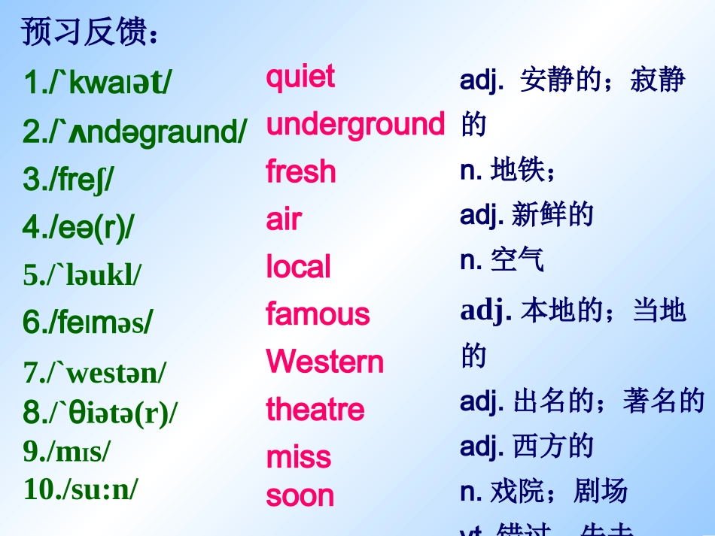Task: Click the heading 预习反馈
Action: coord(90,32)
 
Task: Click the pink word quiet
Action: coord(300,77)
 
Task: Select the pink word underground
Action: coord(355,125)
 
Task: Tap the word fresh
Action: coord(300,172)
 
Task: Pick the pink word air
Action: coord(284,220)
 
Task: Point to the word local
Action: coord(298,268)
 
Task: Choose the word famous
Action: coord(318,314)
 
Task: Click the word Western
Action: coord(324,362)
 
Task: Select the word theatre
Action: coord(315,410)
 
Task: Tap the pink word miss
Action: coord(298,457)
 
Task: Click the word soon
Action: coord(300,495)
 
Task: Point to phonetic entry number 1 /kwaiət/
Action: coord(97,83)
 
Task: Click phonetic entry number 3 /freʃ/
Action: coord(68,180)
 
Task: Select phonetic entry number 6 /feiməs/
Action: coord(87,323)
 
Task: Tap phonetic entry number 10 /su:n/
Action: coord(81,489)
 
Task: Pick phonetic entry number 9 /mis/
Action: coord(67,451)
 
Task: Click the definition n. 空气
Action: coord(501,259)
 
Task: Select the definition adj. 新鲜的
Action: coord(527,215)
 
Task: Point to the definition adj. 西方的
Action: coord(527,447)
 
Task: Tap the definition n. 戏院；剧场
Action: coord(543,492)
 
